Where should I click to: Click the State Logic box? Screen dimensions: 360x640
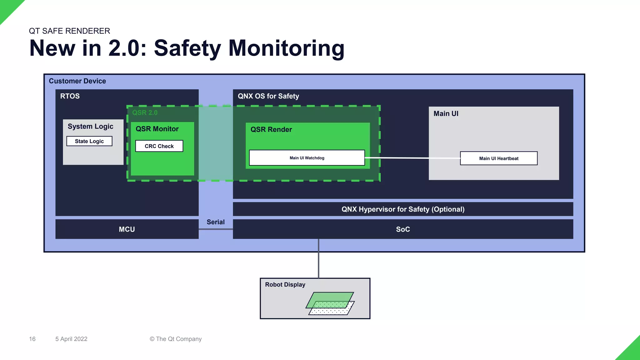click(x=89, y=141)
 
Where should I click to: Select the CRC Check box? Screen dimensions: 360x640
click(x=159, y=146)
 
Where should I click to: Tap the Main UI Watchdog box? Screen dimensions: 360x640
click(x=307, y=158)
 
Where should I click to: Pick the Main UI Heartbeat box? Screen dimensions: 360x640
click(x=498, y=158)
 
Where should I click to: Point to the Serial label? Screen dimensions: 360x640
click(x=215, y=222)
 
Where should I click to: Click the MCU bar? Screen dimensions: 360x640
click(x=127, y=229)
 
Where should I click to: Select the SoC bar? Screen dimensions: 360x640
click(x=403, y=229)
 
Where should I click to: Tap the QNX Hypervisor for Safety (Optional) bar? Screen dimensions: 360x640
click(x=403, y=209)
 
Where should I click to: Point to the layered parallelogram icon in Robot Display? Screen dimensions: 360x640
click(x=330, y=303)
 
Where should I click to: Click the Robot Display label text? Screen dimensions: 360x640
click(x=285, y=284)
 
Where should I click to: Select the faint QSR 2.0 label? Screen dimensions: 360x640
click(x=145, y=112)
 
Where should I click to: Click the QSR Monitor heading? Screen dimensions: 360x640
click(x=157, y=129)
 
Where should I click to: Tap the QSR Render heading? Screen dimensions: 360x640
click(x=271, y=129)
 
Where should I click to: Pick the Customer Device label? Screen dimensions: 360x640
click(x=77, y=81)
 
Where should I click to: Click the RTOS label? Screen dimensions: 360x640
click(x=70, y=96)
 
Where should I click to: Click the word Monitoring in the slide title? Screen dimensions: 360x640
click(x=286, y=48)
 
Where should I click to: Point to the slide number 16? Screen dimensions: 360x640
click(x=32, y=339)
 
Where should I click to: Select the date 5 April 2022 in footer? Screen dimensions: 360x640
click(x=71, y=339)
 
